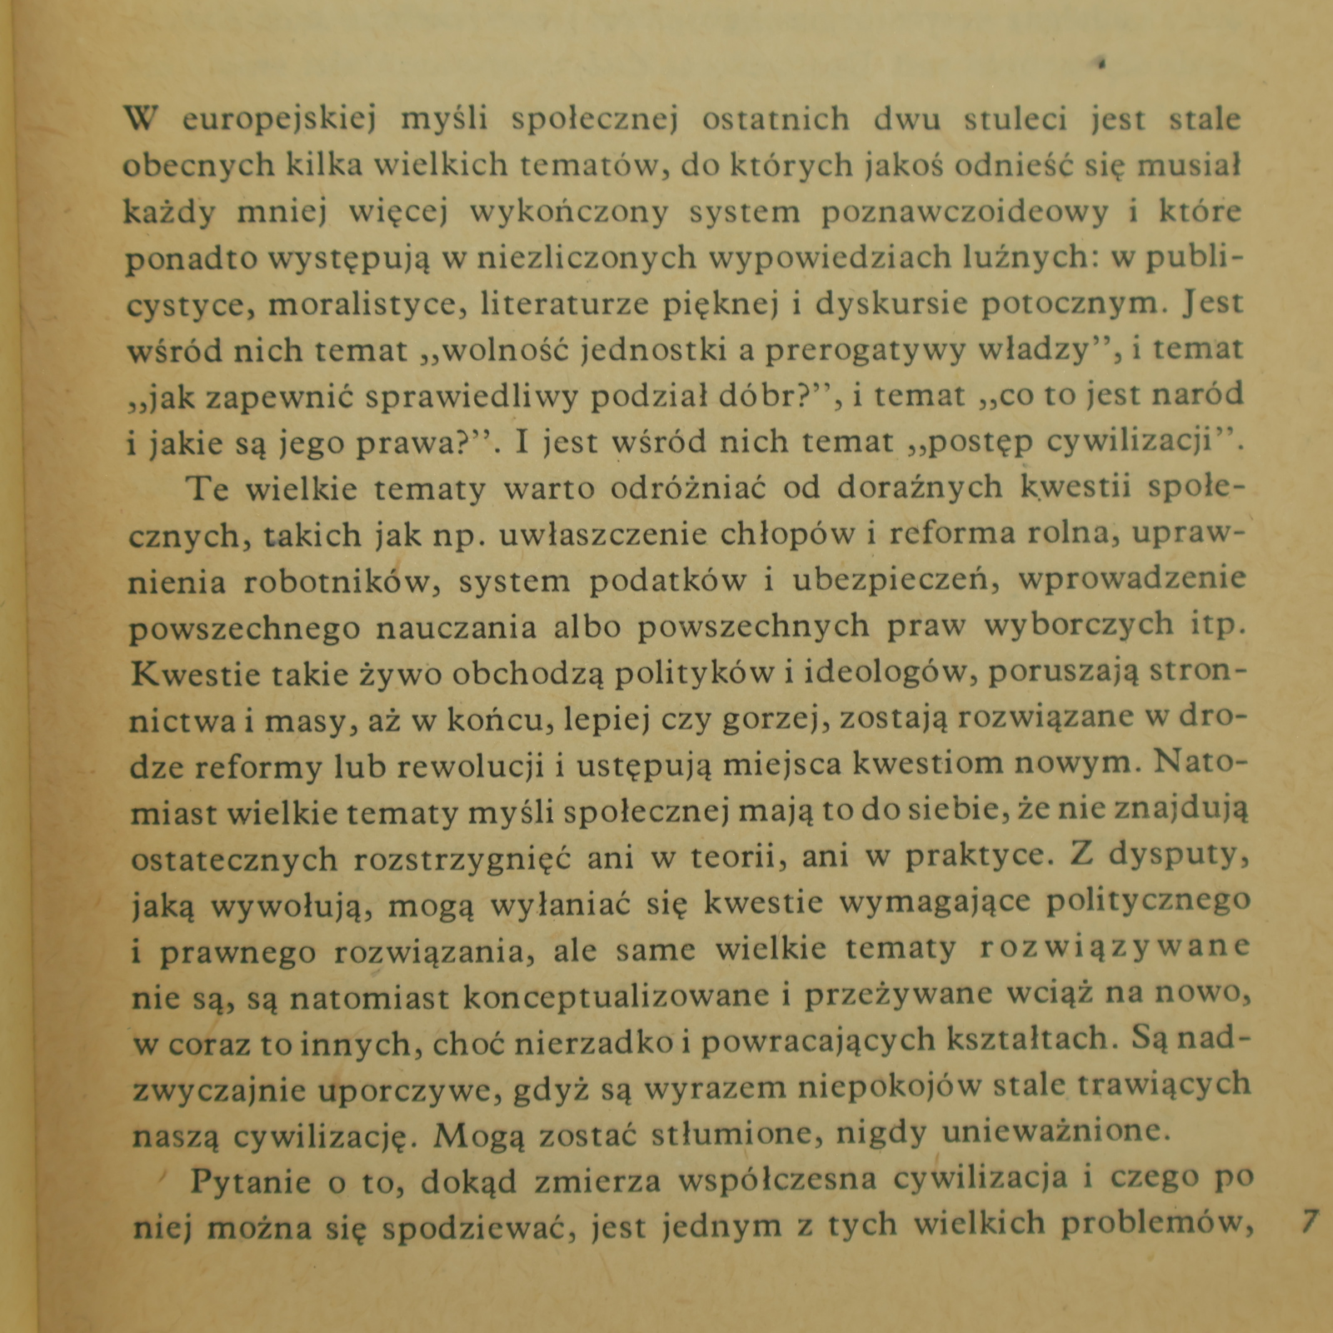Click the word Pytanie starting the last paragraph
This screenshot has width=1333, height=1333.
coord(251,1181)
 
